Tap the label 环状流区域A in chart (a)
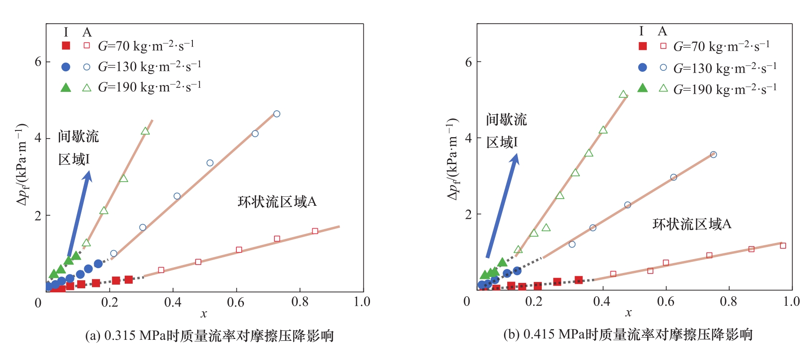pos(277,202)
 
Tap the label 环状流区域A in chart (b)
pos(692,224)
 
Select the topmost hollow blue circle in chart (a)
pos(277,114)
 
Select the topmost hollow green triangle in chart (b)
pos(623,94)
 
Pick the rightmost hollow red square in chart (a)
pos(315,231)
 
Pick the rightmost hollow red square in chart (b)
pos(783,246)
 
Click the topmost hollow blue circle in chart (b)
pos(713,155)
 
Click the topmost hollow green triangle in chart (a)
pos(145,131)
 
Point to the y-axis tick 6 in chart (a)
pos(38,62)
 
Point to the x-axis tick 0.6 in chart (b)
pos(666,301)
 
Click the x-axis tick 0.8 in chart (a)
pos(300,302)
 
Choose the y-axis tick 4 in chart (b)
pos(469,138)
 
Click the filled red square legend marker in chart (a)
pos(66,45)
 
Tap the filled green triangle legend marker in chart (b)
pos(642,88)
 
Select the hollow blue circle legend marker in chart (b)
pos(663,67)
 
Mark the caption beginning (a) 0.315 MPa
pos(209,336)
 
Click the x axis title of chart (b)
pos(628,313)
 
